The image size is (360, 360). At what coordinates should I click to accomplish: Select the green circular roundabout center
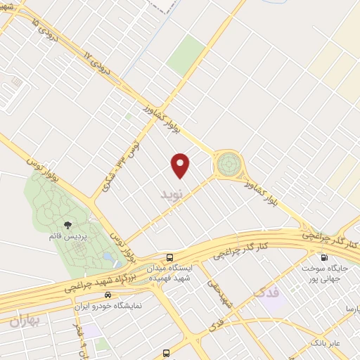click(228, 165)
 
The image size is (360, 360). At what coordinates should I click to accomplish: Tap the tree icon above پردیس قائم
click(68, 225)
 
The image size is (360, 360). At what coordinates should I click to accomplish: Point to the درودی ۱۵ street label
click(43, 30)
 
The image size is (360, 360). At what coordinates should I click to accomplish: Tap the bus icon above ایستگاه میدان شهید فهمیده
click(170, 257)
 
